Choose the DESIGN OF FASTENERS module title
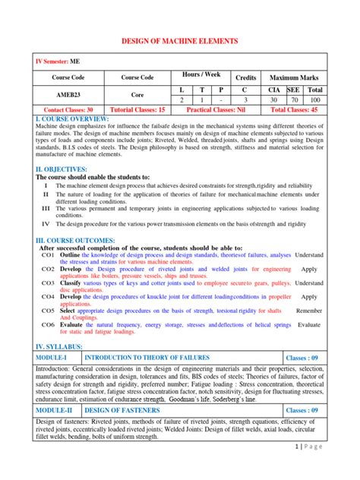click(x=118, y=410)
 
